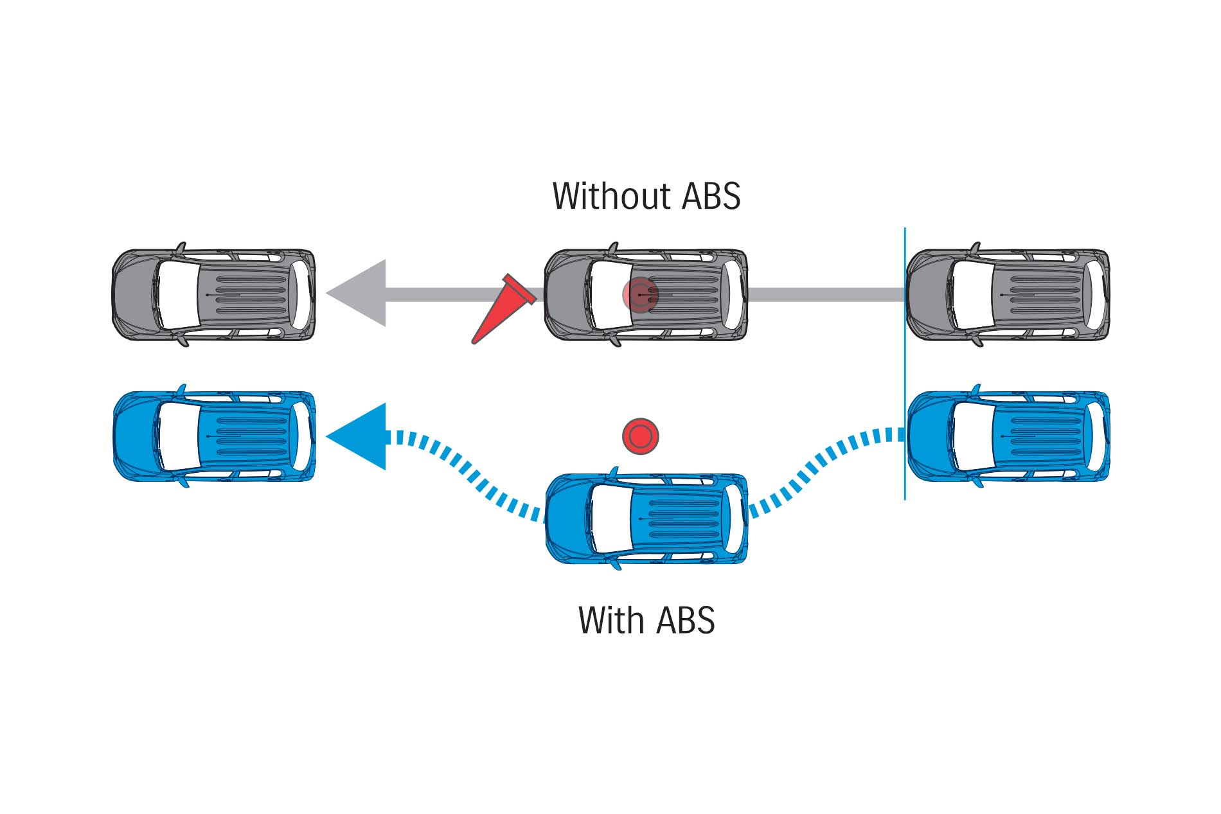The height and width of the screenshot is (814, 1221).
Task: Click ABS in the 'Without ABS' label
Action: click(710, 197)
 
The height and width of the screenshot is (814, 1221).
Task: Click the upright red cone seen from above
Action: click(640, 437)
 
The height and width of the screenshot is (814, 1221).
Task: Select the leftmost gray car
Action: click(213, 294)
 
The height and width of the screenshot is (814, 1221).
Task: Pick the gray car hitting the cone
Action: click(681, 294)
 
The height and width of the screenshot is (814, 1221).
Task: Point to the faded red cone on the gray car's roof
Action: click(640, 294)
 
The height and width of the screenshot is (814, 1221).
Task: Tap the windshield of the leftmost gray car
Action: click(174, 294)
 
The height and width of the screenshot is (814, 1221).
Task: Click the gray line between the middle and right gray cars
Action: click(826, 295)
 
